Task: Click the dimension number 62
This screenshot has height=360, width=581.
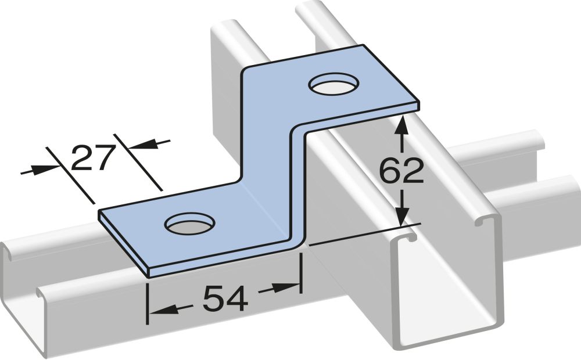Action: [401, 172]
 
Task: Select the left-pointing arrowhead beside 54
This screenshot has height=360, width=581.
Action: [156, 312]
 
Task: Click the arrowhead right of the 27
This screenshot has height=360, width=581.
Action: [139, 145]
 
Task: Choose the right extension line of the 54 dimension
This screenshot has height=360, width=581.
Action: [300, 272]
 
